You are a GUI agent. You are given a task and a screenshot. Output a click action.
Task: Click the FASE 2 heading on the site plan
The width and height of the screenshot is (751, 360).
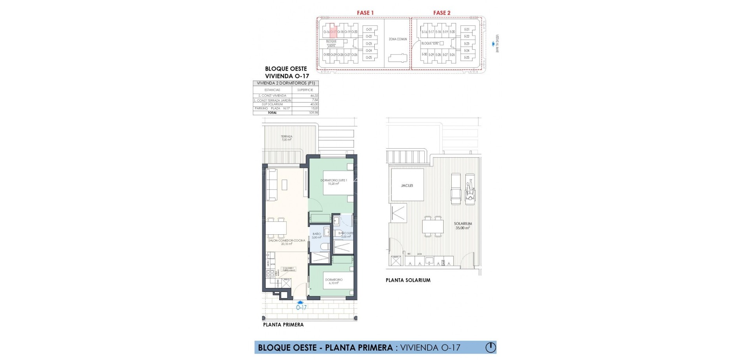(x=442, y=13)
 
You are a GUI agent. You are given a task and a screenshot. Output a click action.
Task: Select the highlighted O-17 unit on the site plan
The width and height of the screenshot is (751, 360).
(x=333, y=32)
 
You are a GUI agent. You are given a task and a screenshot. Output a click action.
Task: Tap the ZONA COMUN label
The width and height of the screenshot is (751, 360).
(x=397, y=39)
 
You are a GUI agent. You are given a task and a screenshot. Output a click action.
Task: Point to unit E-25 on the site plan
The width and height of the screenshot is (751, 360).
(x=466, y=58)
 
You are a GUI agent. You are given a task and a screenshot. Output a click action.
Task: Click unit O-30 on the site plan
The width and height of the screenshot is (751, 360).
(x=327, y=55)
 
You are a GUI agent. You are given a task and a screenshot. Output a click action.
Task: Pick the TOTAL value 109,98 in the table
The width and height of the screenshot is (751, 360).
(x=313, y=113)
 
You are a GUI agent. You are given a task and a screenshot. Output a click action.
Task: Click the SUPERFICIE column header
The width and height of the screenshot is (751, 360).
(x=305, y=90)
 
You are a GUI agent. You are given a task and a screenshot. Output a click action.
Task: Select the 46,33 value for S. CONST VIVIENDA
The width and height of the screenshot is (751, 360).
(x=313, y=95)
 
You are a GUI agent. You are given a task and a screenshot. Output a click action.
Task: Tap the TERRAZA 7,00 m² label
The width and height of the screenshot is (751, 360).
(x=287, y=138)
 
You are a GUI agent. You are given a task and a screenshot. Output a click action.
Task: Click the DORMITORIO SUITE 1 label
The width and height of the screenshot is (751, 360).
(x=331, y=182)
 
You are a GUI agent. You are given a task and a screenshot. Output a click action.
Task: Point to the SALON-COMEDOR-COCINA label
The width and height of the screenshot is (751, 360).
(x=287, y=242)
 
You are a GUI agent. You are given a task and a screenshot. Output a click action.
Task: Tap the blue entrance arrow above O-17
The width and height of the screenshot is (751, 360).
(x=300, y=302)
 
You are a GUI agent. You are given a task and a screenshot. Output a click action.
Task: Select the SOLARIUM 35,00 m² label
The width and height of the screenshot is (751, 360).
(x=462, y=225)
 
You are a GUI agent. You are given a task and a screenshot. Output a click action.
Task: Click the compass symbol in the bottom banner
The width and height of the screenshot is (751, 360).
(x=490, y=347)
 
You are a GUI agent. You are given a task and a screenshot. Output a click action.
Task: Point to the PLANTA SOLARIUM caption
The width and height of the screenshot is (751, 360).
(x=408, y=280)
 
